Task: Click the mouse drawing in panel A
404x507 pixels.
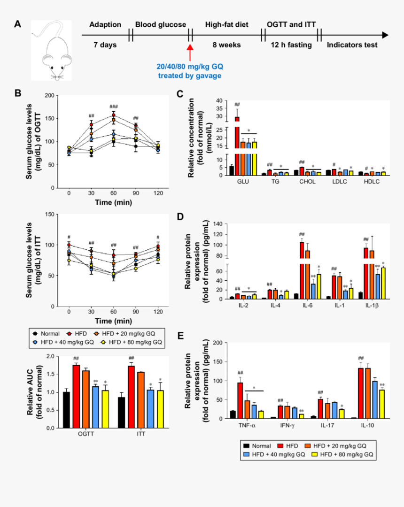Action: tap(52, 51)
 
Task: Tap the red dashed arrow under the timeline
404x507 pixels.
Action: tap(190, 53)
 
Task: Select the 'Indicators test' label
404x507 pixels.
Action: tap(352, 45)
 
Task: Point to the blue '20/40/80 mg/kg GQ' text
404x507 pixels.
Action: tap(190, 67)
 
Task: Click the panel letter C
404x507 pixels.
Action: tap(179, 94)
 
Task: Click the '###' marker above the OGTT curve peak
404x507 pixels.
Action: tap(113, 107)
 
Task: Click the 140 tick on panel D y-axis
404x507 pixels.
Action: tap(217, 224)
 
